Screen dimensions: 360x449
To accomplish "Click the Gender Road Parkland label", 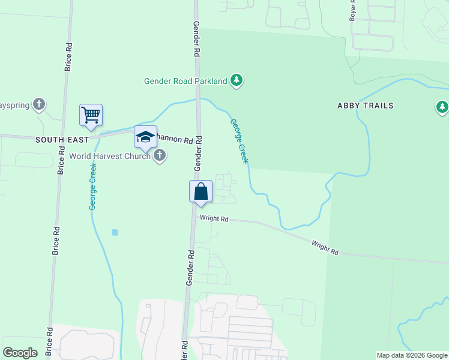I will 186,81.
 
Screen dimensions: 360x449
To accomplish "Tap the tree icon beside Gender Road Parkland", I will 237,80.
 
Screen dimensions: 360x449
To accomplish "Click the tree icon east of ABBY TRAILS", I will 442,107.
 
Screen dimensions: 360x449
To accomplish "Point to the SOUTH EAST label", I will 62,139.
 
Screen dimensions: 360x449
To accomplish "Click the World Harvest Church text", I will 110,156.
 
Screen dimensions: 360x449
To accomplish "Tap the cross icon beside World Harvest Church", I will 160,156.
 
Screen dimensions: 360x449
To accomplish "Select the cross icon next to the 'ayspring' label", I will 39,105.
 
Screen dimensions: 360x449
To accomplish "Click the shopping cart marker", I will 91,115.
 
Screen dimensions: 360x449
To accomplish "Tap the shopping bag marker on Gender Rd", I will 200,191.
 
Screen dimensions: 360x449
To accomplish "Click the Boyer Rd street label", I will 353,11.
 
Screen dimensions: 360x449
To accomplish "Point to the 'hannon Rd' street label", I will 175,140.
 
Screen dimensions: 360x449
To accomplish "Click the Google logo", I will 20,353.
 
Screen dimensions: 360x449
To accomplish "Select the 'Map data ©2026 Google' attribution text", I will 411,355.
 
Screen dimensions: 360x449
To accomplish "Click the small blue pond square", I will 115,232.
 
